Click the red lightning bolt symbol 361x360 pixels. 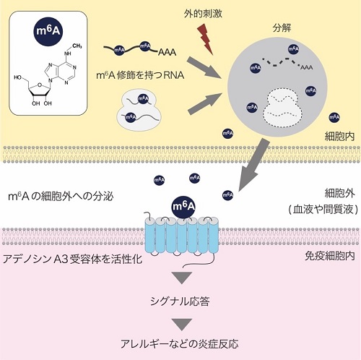(205, 39)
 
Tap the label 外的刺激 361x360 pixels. (203, 14)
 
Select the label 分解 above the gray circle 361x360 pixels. (282, 28)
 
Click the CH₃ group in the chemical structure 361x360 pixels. (77, 46)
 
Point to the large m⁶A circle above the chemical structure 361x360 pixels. (48, 31)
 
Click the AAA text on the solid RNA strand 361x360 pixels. (167, 52)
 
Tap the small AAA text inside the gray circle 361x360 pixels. (306, 67)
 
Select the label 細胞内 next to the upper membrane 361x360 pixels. (339, 137)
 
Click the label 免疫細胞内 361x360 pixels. (329, 256)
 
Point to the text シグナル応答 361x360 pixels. (180, 301)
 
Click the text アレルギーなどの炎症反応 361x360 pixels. (180, 343)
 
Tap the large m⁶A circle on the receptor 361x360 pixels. (183, 207)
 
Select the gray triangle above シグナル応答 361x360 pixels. (182, 277)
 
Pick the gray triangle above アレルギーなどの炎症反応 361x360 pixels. (182, 324)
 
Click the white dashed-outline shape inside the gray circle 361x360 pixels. (282, 107)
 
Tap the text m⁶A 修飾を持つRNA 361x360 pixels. (140, 75)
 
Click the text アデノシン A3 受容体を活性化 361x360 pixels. (72, 260)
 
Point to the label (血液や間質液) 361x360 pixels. (323, 209)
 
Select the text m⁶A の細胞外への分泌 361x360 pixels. (61, 197)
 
